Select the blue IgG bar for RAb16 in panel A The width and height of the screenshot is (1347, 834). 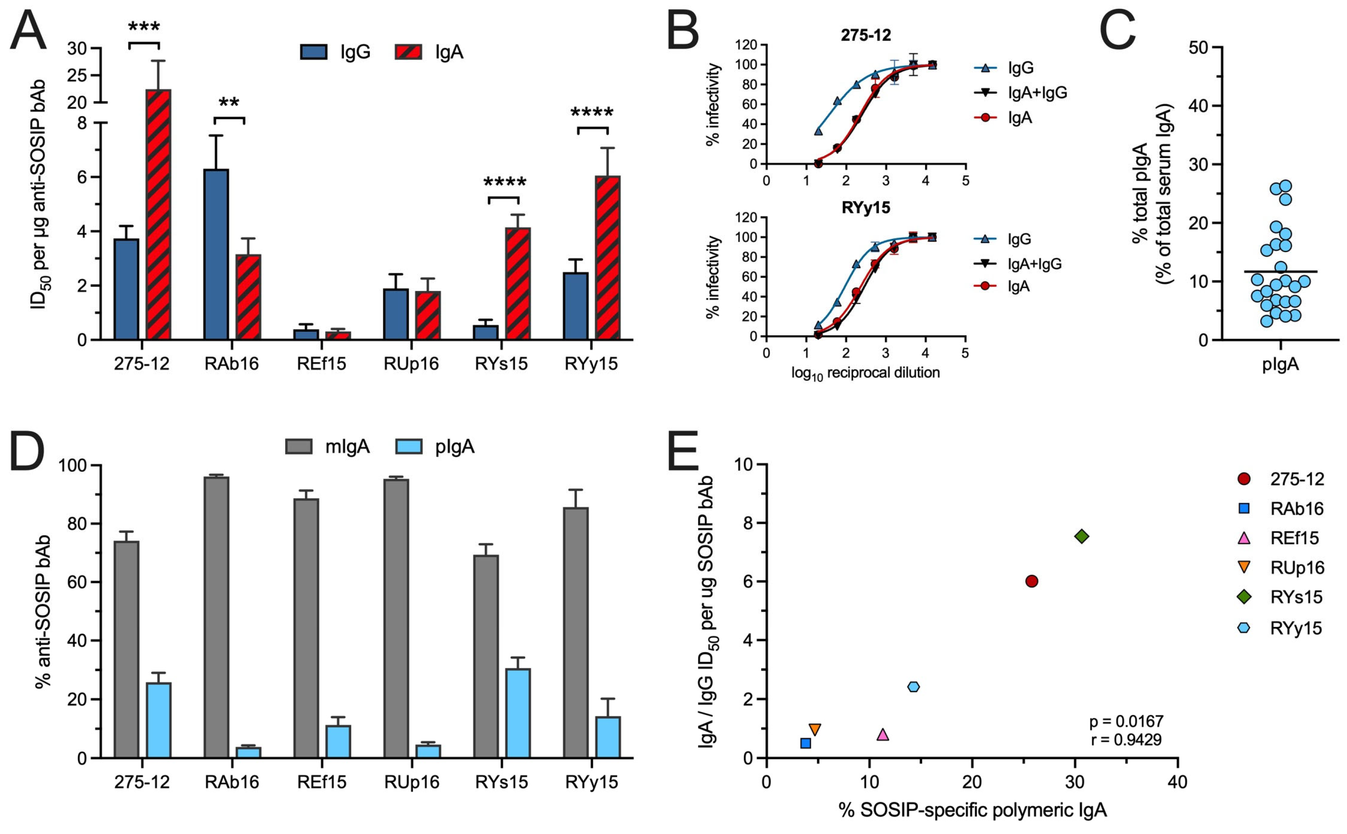click(x=216, y=254)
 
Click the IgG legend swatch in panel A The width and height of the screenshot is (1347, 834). click(x=314, y=53)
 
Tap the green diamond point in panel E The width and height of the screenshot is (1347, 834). click(x=1081, y=536)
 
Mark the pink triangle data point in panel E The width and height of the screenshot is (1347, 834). click(x=883, y=734)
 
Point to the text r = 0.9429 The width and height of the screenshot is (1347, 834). click(x=1126, y=739)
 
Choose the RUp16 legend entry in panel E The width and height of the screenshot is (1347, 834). click(x=1285, y=567)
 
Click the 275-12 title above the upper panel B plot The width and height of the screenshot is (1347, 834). click(x=865, y=35)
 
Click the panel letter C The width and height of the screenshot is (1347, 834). click(x=1117, y=30)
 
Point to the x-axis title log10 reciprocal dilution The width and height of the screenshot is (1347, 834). click(x=865, y=374)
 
